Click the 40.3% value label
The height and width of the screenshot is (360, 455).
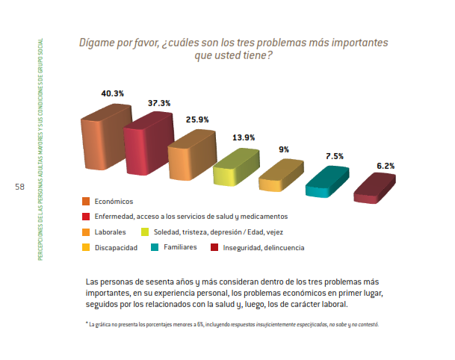point(112,93)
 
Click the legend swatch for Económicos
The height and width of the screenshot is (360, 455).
point(86,201)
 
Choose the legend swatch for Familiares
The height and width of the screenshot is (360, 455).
point(155,247)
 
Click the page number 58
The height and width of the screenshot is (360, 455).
point(19,187)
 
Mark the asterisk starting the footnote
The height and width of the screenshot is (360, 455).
point(87,324)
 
